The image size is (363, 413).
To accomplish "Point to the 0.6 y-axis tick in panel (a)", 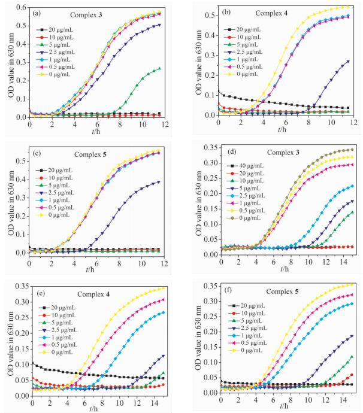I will pyautogui.click(x=20, y=7).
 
